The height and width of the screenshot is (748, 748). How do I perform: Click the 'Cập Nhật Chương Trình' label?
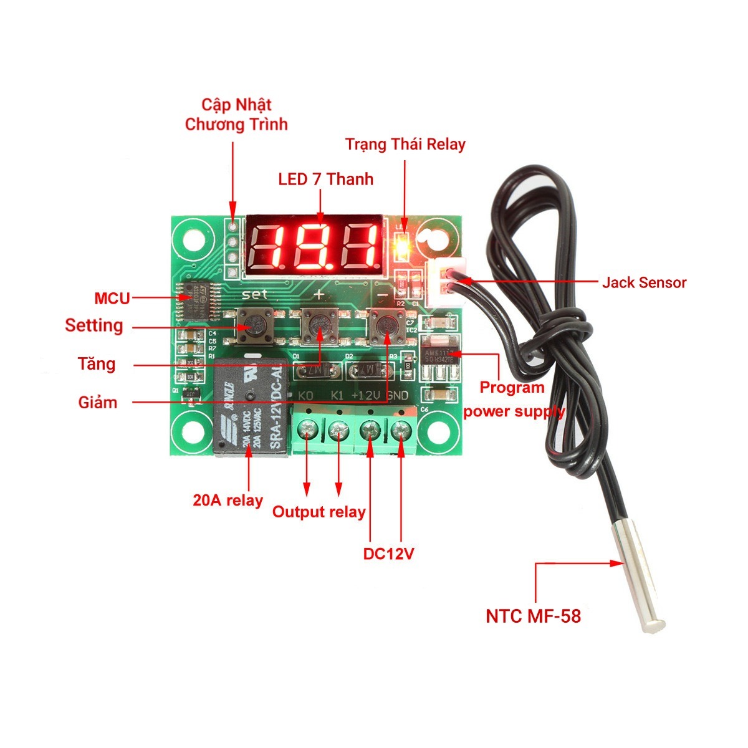[x=236, y=114]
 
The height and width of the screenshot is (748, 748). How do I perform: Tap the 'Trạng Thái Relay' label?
[x=405, y=145]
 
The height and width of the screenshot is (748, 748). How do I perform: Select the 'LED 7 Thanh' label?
[x=325, y=180]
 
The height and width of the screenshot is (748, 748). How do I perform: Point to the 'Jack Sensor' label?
[x=644, y=282]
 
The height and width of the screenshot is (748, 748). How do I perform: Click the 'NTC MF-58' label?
[x=533, y=616]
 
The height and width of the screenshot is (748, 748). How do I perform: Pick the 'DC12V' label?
[x=388, y=554]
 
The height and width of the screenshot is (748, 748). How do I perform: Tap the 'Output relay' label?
[x=319, y=512]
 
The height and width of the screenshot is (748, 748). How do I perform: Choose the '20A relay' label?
[x=228, y=500]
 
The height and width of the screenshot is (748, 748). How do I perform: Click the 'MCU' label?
[x=112, y=299]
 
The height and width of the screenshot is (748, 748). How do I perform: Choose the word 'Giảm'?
[x=98, y=402]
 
